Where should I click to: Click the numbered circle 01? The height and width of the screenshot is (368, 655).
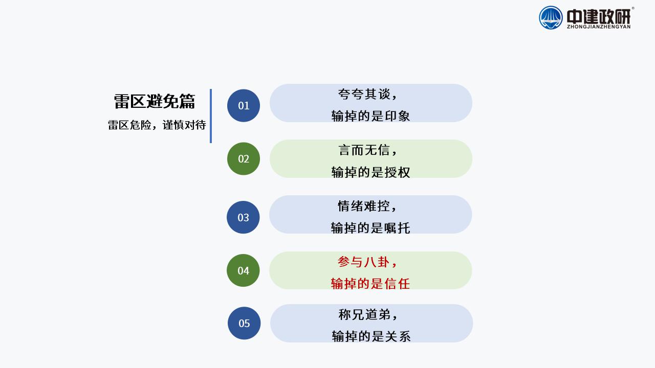pyautogui.click(x=244, y=105)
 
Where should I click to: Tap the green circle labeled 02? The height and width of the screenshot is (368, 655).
pyautogui.click(x=244, y=158)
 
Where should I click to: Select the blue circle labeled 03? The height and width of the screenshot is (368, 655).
pyautogui.click(x=243, y=217)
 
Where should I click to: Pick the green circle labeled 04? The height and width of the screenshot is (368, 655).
pyautogui.click(x=243, y=270)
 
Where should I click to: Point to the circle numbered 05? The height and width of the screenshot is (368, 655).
pyautogui.click(x=244, y=323)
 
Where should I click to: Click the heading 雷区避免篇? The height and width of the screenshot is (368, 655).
pyautogui.click(x=155, y=102)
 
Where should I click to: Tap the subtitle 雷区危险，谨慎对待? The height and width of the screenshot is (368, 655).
pyautogui.click(x=157, y=125)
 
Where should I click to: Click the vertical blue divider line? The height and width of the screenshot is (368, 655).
pyautogui.click(x=211, y=116)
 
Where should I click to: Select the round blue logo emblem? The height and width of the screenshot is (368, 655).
pyautogui.click(x=551, y=18)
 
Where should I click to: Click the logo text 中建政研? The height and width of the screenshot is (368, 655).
pyautogui.click(x=599, y=17)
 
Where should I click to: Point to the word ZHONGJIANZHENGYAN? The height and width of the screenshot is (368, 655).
pyautogui.click(x=599, y=27)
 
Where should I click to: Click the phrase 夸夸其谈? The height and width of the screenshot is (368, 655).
pyautogui.click(x=364, y=94)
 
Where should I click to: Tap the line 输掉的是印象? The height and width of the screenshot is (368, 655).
pyautogui.click(x=370, y=116)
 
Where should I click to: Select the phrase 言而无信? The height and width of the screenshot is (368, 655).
pyautogui.click(x=364, y=150)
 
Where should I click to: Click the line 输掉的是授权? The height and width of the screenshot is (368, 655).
pyautogui.click(x=370, y=172)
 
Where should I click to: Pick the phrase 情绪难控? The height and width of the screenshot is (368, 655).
pyautogui.click(x=364, y=206)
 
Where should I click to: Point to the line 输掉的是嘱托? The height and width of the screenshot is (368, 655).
pyautogui.click(x=370, y=228)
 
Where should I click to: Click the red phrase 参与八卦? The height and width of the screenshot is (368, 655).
pyautogui.click(x=364, y=262)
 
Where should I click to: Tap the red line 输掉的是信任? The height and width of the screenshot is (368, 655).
pyautogui.click(x=370, y=284)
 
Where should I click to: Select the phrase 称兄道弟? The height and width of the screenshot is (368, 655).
pyautogui.click(x=364, y=315)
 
